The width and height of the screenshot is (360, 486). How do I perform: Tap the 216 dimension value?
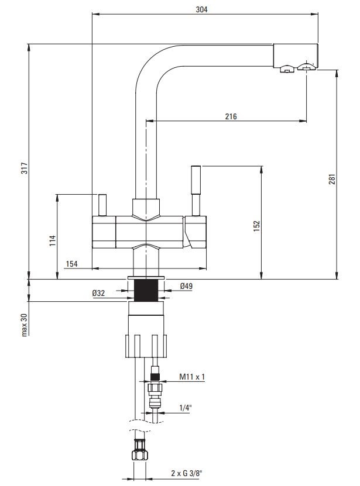pos(231,116)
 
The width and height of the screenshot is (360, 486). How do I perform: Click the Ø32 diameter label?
pos(98,294)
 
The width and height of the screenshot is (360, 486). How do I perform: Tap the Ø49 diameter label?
pos(187,286)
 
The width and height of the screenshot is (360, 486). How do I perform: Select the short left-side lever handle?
pos(103,204)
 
